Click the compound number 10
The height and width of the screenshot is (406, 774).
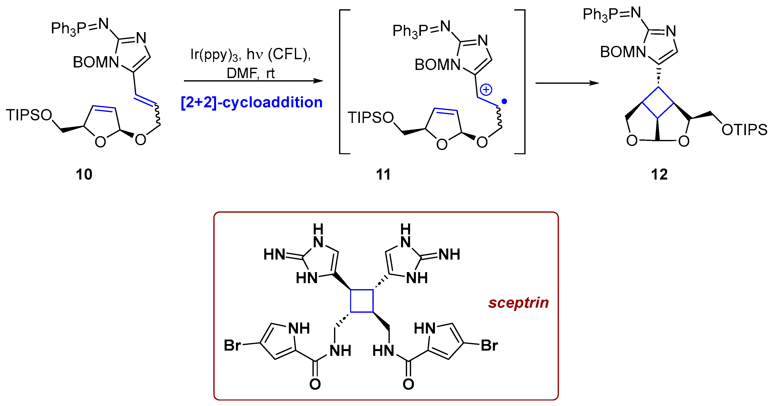84,175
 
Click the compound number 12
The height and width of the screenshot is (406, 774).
659,175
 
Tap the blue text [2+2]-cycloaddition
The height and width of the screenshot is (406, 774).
251,102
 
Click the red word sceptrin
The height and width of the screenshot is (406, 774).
518,302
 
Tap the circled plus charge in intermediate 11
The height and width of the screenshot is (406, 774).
486,90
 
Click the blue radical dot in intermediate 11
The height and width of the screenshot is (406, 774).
504,102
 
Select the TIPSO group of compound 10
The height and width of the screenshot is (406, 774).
29,115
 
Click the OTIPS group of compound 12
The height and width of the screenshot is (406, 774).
744,130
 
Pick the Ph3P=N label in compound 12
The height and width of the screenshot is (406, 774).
611,14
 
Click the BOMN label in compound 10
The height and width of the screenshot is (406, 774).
96,63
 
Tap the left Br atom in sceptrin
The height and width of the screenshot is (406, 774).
232,345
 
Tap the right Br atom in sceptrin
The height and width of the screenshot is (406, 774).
489,345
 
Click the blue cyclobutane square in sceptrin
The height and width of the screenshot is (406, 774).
362,301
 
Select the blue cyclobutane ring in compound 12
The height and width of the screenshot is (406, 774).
658,102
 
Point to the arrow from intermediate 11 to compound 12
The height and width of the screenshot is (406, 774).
567,83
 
